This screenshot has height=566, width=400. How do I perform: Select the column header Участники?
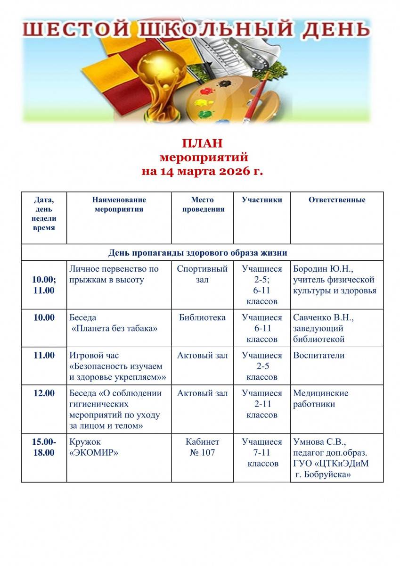click(x=261, y=200)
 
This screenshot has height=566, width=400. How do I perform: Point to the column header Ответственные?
click(x=336, y=200)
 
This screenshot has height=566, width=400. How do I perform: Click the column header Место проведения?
click(x=203, y=205)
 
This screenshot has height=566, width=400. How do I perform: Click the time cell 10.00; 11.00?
click(x=44, y=285)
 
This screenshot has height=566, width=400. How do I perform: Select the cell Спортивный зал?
click(x=203, y=274)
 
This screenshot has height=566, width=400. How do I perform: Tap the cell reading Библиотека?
click(x=203, y=317)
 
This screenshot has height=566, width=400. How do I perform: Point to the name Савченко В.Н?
click(x=323, y=317)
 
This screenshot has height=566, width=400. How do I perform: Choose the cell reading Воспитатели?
click(x=318, y=356)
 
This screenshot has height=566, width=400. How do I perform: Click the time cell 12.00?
click(x=44, y=393)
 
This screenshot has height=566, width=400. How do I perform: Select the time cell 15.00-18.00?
click(x=44, y=447)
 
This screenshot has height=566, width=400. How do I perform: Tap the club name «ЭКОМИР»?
click(x=93, y=453)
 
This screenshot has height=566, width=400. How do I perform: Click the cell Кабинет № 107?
click(x=203, y=447)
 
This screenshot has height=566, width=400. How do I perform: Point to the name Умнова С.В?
click(x=319, y=442)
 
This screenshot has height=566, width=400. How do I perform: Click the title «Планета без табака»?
click(x=114, y=329)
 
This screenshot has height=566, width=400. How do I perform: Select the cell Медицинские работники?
click(x=320, y=399)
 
